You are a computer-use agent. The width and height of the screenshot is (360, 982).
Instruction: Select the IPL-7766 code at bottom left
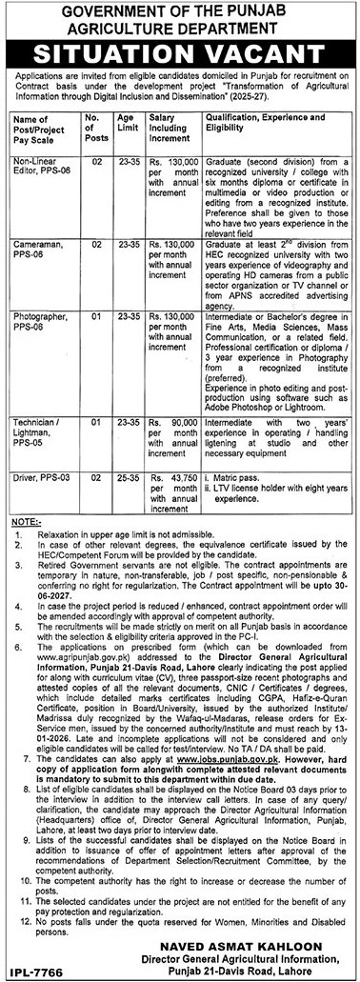point(30,971)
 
